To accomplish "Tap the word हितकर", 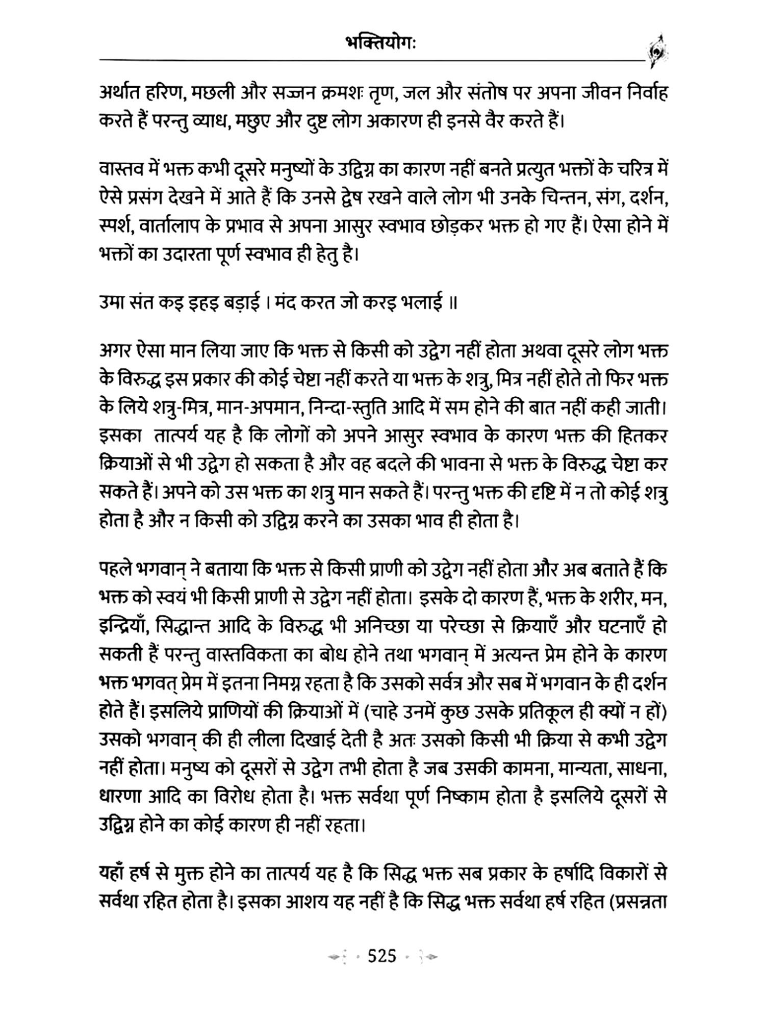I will pyautogui.click(x=642, y=437).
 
